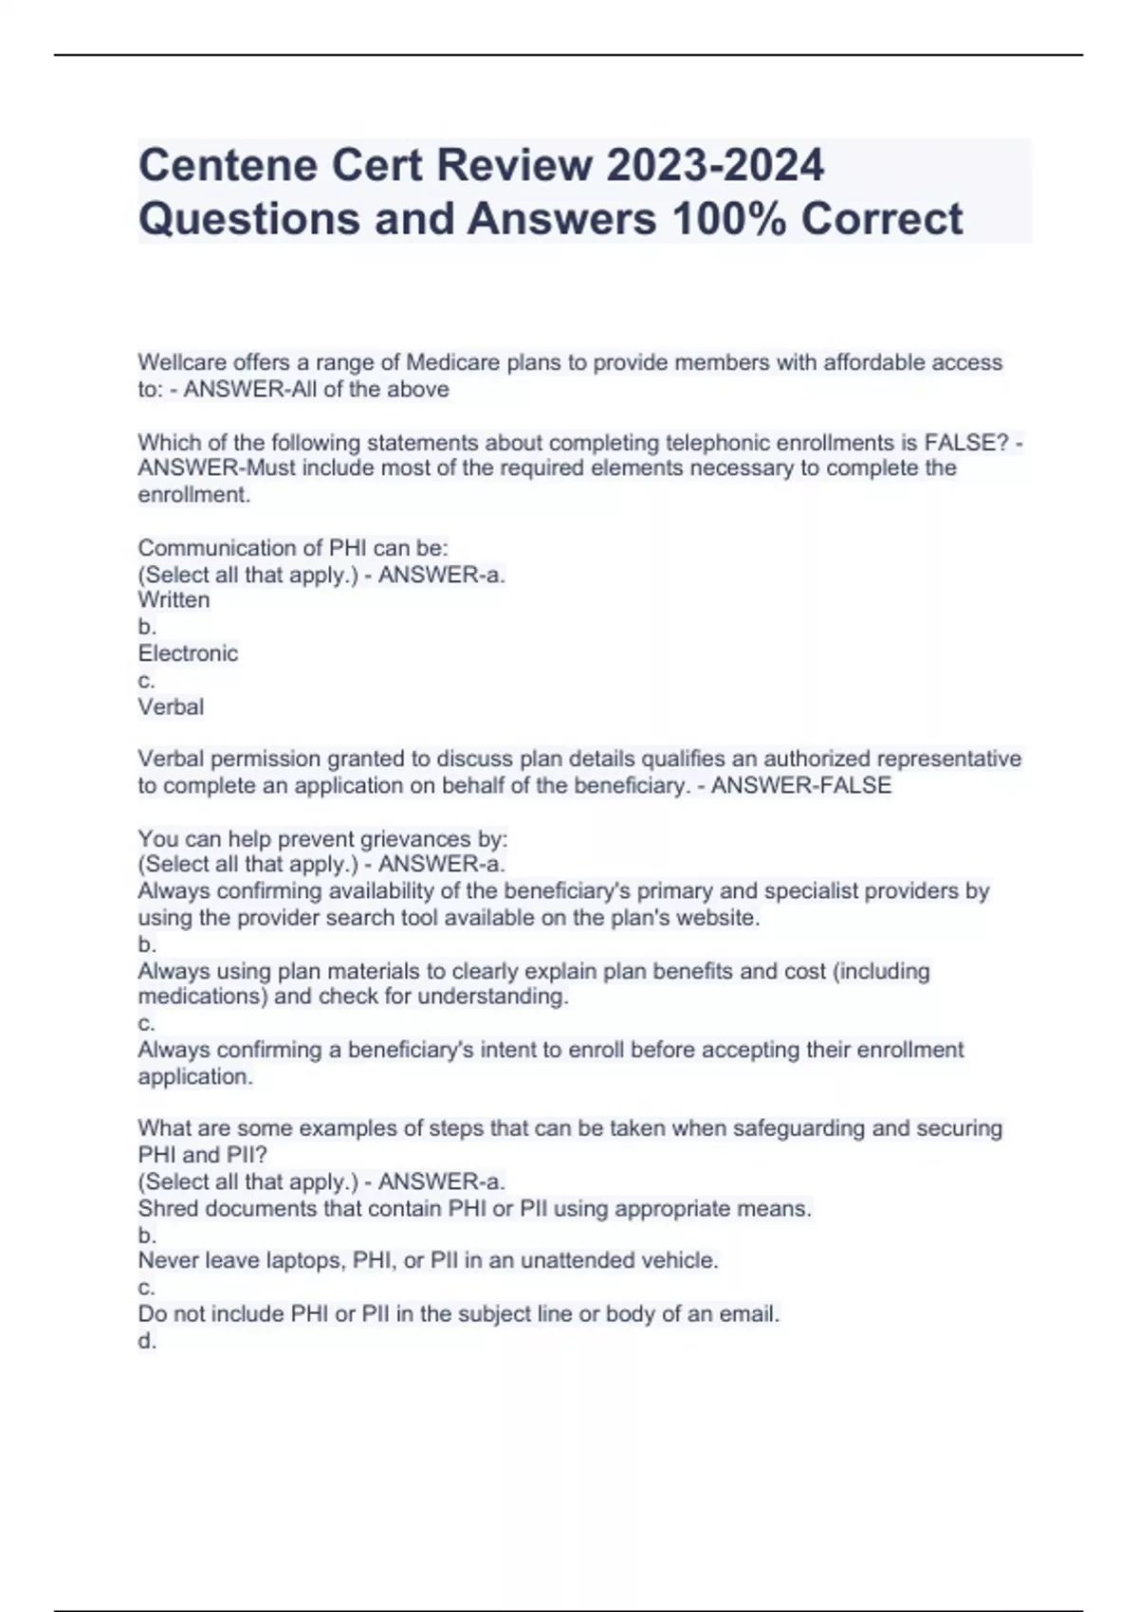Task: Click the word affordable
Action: point(874,362)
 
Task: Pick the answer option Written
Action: point(174,600)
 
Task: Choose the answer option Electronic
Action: point(188,653)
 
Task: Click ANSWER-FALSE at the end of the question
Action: point(801,786)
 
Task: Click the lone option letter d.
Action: point(147,1341)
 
